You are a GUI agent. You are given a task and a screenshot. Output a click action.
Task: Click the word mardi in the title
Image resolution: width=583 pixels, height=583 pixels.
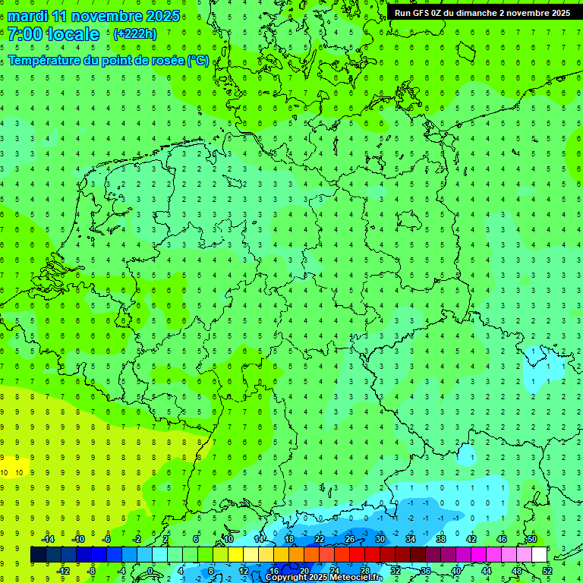point(30,16)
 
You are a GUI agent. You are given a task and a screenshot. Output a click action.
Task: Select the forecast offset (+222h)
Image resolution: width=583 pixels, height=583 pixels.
point(135,34)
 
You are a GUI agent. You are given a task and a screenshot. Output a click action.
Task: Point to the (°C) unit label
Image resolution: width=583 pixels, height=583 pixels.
point(198,60)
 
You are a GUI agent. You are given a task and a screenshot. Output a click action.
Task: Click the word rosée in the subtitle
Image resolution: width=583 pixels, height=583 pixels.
point(165,60)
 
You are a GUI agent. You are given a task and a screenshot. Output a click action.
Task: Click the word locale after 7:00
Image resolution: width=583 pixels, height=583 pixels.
point(77,34)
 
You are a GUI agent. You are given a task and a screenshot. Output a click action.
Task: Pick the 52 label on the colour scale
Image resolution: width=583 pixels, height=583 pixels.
point(547,570)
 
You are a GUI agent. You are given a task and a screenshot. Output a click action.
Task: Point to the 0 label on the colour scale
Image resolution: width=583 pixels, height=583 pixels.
point(150,570)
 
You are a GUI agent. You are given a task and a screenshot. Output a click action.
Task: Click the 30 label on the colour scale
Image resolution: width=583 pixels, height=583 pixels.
point(380,539)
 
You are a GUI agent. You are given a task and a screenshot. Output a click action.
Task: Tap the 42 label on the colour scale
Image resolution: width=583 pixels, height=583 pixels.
point(471,539)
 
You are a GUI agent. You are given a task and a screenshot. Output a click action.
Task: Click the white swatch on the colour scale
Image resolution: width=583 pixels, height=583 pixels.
point(539,555)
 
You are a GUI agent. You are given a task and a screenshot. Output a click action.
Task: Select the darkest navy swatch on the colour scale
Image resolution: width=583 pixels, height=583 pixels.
point(38,555)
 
